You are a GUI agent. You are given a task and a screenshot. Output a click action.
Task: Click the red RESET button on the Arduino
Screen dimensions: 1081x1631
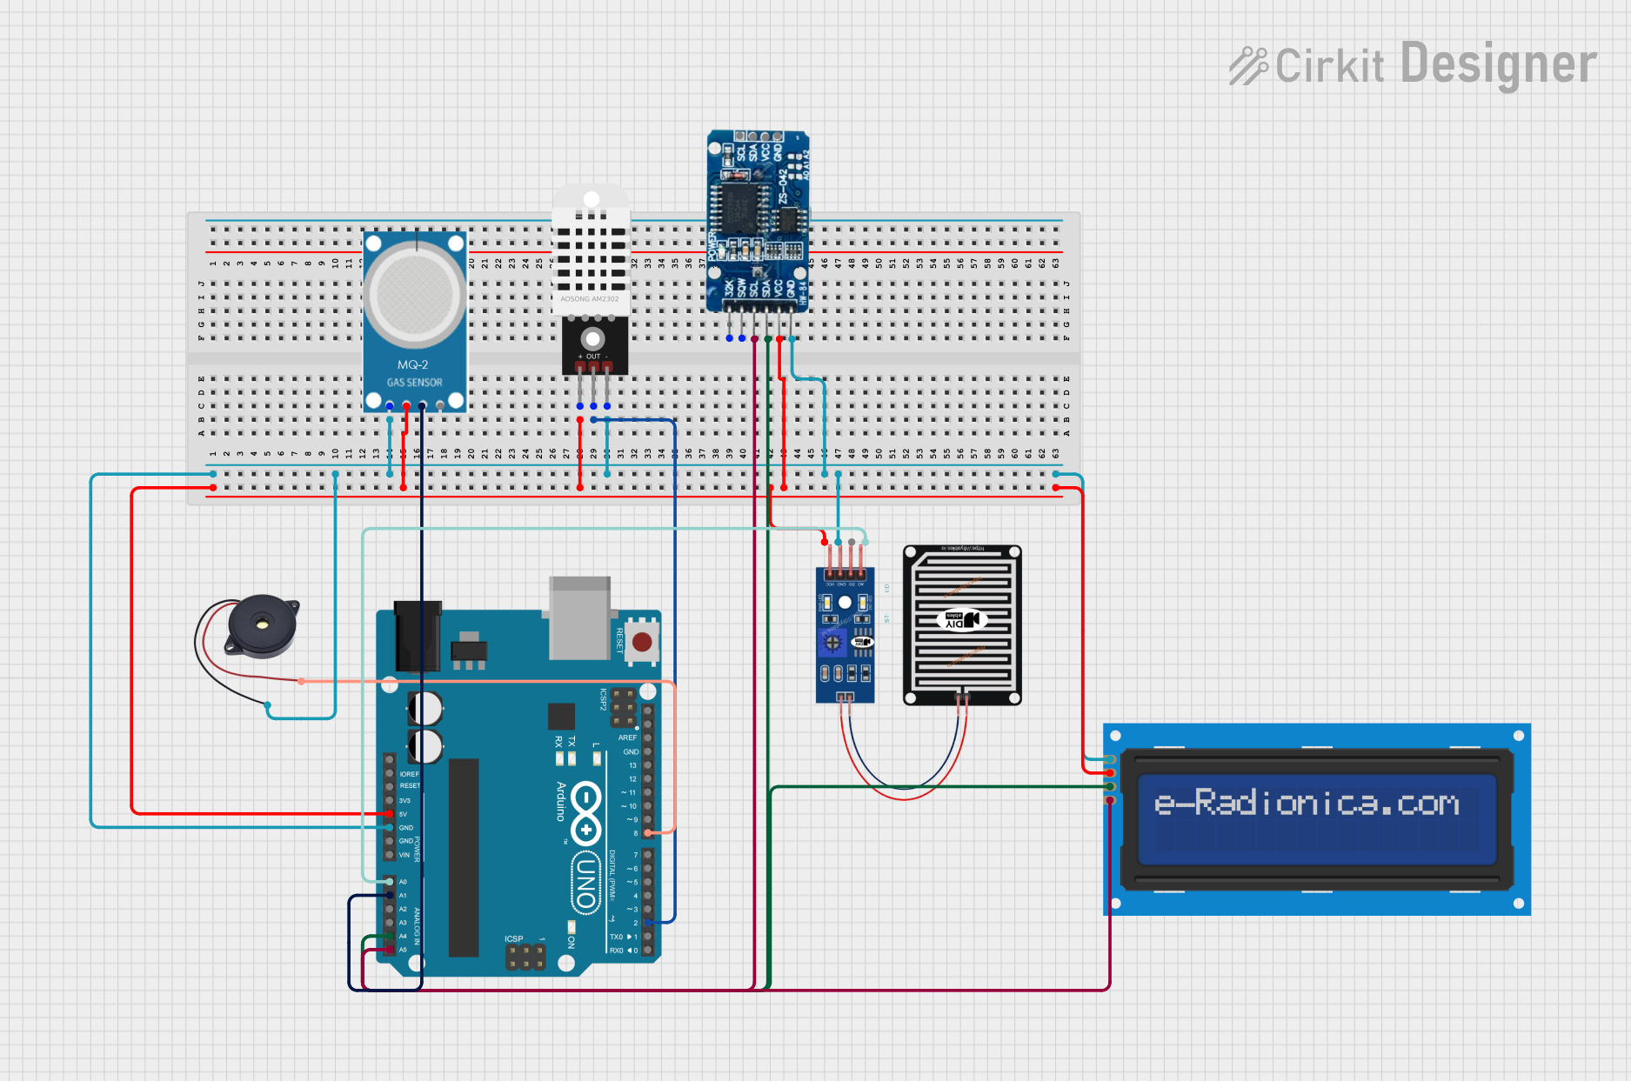(x=642, y=643)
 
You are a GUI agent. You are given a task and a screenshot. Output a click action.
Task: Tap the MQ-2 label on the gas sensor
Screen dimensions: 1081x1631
(x=412, y=365)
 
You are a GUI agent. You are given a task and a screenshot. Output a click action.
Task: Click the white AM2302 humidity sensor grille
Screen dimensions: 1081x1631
(x=591, y=252)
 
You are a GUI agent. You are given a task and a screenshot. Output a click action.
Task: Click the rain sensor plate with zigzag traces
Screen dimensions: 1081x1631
(x=962, y=624)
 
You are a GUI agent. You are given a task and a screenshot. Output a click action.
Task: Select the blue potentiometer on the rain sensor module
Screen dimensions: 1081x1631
(x=832, y=644)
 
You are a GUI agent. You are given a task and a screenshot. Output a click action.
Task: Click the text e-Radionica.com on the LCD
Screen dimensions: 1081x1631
(x=1307, y=803)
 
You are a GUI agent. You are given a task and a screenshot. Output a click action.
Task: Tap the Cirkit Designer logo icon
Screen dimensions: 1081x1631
(x=1249, y=65)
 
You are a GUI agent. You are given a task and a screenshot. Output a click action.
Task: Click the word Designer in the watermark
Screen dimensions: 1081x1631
(x=1498, y=65)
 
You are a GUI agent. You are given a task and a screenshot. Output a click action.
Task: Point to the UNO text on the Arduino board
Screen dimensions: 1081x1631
(x=585, y=882)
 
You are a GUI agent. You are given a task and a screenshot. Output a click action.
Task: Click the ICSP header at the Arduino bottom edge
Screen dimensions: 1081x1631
(x=525, y=957)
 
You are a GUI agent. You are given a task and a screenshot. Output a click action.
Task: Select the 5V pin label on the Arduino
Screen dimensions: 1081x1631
(x=404, y=814)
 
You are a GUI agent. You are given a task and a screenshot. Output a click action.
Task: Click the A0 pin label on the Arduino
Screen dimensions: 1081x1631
(x=403, y=882)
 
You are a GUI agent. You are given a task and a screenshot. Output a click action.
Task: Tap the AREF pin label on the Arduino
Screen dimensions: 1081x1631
(x=627, y=737)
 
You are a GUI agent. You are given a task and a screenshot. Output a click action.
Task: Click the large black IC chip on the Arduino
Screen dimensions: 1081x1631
(x=464, y=857)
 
